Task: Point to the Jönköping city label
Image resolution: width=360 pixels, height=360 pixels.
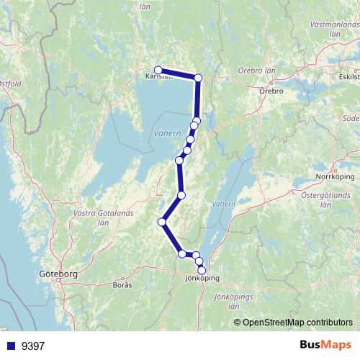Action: (x=202, y=278)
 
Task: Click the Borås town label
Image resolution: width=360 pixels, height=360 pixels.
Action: (x=122, y=285)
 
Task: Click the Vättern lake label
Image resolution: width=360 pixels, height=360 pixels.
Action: (x=225, y=204)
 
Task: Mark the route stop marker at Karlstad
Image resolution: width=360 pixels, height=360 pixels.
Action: (x=158, y=70)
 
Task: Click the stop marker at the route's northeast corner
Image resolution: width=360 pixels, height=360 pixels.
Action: (x=199, y=78)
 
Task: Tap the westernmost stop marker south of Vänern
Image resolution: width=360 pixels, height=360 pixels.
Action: (x=163, y=222)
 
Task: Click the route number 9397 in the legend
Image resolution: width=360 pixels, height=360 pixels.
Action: (x=33, y=346)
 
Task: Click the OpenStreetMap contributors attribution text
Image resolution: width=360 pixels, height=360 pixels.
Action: (x=298, y=322)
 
